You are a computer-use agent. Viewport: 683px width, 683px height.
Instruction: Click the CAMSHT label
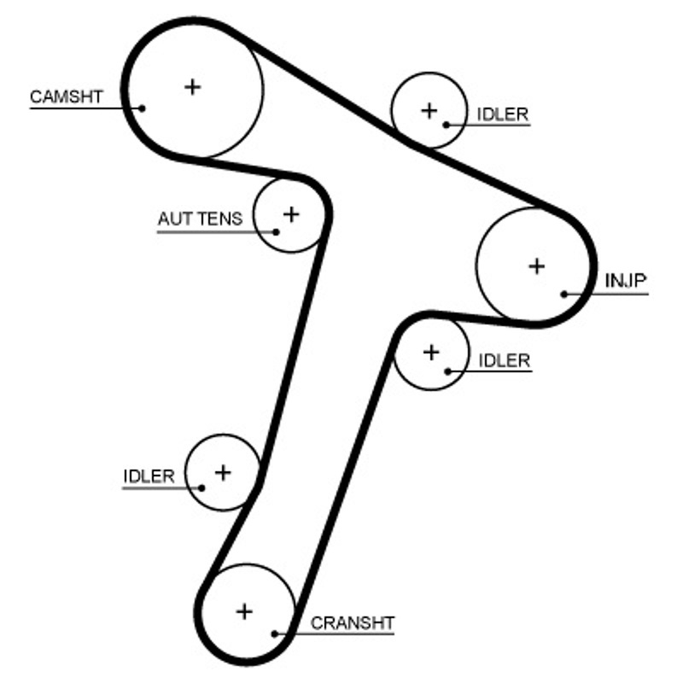(x=66, y=96)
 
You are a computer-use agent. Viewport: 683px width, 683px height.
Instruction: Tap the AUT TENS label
(x=200, y=219)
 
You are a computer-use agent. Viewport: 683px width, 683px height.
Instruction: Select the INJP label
(x=627, y=281)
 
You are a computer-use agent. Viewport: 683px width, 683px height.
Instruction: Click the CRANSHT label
(x=353, y=622)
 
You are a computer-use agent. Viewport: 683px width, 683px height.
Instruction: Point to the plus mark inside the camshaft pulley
(x=192, y=86)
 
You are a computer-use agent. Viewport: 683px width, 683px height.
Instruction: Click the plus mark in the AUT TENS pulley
(x=291, y=213)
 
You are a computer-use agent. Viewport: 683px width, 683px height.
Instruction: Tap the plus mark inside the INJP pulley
(x=536, y=266)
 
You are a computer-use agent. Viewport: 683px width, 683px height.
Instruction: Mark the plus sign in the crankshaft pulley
(x=245, y=611)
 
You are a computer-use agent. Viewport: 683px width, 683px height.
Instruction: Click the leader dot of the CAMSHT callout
(x=143, y=108)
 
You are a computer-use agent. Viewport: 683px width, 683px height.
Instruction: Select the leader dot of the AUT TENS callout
(x=276, y=231)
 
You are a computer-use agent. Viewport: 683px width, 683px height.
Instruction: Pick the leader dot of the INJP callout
(x=564, y=294)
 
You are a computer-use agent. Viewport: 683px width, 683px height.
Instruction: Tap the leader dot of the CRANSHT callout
(x=274, y=633)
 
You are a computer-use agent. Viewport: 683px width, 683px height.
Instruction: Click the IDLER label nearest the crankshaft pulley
(x=149, y=476)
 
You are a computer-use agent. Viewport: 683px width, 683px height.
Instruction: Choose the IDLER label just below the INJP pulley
(x=505, y=360)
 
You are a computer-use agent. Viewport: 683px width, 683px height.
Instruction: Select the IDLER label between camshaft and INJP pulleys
(x=504, y=114)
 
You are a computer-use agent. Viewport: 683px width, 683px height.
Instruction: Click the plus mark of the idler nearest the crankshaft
(x=223, y=471)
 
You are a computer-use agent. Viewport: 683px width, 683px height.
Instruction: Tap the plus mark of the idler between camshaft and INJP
(x=429, y=109)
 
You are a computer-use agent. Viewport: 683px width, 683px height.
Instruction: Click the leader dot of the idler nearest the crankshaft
(x=202, y=487)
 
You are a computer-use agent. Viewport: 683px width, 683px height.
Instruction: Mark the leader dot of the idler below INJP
(x=447, y=371)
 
